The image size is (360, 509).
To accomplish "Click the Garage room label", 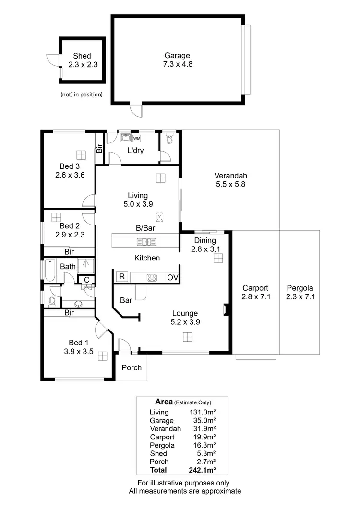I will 178,55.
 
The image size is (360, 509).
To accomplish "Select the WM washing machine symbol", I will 137,138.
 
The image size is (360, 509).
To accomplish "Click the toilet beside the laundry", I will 168,140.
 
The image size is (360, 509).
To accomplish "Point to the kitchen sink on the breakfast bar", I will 144,241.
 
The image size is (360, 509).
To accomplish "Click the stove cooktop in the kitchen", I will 152,277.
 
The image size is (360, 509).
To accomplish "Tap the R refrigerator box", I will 121,277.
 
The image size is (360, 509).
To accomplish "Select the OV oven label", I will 172,277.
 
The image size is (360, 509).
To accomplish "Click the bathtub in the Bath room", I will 50,270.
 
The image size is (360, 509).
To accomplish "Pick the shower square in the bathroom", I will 85,265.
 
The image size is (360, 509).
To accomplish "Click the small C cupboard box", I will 86,280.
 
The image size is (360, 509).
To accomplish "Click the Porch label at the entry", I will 132,367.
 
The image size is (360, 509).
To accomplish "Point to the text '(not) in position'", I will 82,95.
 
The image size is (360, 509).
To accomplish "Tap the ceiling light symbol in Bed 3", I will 81,154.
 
